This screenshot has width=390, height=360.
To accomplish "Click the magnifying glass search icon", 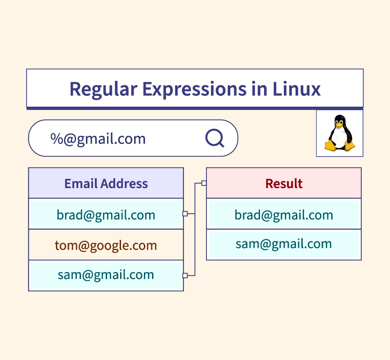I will pyautogui.click(x=215, y=138).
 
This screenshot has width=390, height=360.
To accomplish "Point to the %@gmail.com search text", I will pyautogui.click(x=98, y=139).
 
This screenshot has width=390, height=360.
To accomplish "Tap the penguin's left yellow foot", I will pyautogui.click(x=331, y=145).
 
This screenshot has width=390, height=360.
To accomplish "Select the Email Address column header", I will pyautogui.click(x=106, y=184).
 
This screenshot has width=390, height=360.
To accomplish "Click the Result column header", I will pyautogui.click(x=284, y=184).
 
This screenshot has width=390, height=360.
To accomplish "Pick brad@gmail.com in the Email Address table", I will pyautogui.click(x=106, y=215).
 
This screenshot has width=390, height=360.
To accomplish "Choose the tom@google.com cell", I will pyautogui.click(x=106, y=245).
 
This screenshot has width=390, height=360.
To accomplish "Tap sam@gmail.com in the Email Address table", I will pyautogui.click(x=106, y=274).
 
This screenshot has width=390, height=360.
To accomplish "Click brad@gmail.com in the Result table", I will pyautogui.click(x=284, y=215).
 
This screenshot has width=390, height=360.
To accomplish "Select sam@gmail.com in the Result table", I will pyautogui.click(x=284, y=244).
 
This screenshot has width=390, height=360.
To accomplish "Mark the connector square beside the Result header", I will pyautogui.click(x=204, y=183).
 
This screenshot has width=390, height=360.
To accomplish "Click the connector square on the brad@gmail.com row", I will pyautogui.click(x=185, y=214).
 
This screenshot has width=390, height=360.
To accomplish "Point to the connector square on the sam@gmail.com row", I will pyautogui.click(x=185, y=275).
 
